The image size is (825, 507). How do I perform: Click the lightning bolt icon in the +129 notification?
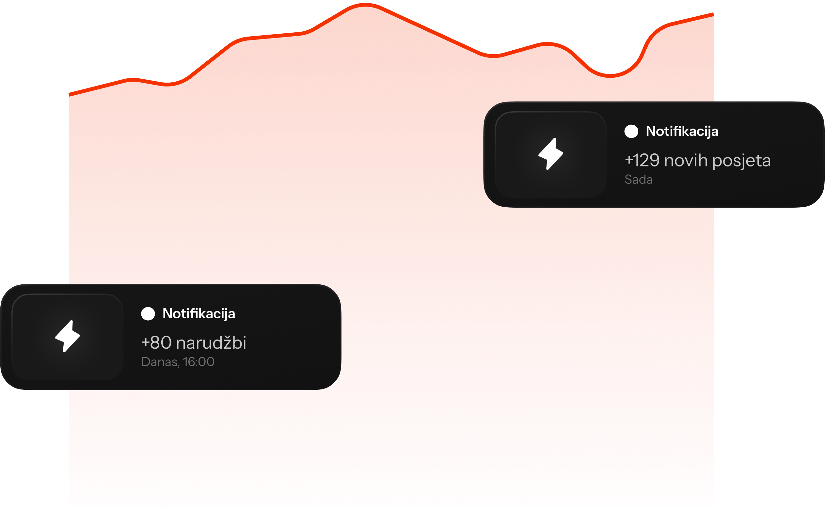point(551,154)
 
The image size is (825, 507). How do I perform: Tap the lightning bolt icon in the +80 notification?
point(67,336)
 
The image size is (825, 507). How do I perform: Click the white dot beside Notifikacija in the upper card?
point(631,131)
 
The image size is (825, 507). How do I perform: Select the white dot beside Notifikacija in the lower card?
point(148,313)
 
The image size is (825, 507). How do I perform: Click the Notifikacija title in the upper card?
point(682,131)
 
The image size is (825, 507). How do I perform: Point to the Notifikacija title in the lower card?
point(198,313)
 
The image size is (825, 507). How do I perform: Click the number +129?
point(642,160)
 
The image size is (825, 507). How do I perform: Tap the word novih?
point(686,160)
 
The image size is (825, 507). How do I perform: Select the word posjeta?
point(741,161)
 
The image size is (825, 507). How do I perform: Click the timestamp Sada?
point(639,180)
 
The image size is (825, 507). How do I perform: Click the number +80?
point(156,343)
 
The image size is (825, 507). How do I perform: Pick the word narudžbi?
point(211,342)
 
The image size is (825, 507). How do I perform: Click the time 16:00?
point(198,362)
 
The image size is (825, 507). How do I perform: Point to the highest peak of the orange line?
point(365,5)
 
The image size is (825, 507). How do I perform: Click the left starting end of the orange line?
point(70,95)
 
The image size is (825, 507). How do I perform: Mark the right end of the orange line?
point(713,14)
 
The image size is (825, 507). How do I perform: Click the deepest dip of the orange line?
point(610,75)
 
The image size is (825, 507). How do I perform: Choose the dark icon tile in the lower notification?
point(67,337)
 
